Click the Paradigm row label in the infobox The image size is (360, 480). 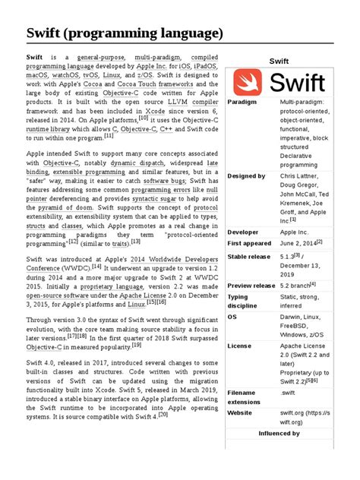242,102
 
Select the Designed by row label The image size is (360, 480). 246,176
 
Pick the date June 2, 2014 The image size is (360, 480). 298,243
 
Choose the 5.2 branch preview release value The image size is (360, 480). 296,286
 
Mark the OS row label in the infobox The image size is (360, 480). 232,317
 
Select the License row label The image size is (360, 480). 239,346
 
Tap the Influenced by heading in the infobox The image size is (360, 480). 279,433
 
